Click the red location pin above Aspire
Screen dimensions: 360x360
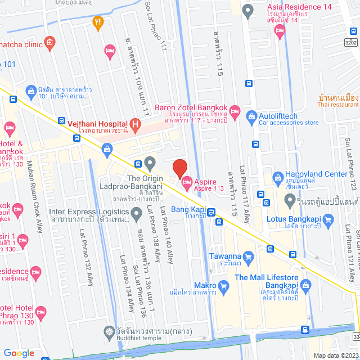click(x=179, y=168)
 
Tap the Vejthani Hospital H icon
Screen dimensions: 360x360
click(x=134, y=123)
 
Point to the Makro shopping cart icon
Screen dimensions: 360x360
click(x=223, y=286)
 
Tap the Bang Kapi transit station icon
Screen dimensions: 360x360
click(x=211, y=212)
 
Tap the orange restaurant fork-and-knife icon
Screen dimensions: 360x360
click(x=98, y=22)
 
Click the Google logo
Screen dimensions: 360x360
click(x=19, y=353)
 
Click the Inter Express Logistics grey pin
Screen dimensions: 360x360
click(x=136, y=213)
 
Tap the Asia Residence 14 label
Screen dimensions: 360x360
click(x=291, y=7)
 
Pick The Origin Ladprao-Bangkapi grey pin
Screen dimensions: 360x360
click(x=150, y=164)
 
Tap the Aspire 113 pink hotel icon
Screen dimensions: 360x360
click(x=187, y=180)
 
